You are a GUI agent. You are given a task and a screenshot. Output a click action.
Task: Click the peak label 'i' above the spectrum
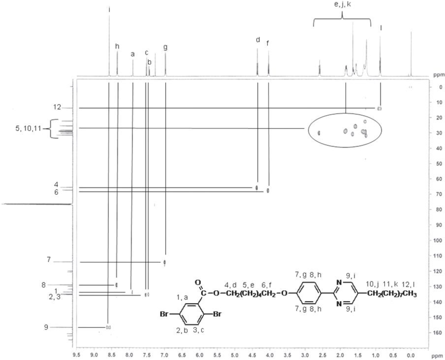point(109,10)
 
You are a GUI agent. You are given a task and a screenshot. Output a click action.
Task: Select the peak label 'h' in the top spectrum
point(117,46)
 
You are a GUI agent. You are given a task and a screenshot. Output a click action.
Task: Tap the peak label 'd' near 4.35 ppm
point(258,40)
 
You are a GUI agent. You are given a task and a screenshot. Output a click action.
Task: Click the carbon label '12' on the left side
point(57,107)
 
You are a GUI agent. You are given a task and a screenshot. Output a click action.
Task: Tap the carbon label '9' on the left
point(46,327)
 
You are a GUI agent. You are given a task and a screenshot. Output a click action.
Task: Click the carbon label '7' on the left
point(49,259)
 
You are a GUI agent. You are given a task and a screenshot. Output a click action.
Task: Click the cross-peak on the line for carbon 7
point(165,262)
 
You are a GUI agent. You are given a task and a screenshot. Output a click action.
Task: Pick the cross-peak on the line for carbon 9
point(108,327)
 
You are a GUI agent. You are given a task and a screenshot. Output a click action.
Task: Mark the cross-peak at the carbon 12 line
point(379,109)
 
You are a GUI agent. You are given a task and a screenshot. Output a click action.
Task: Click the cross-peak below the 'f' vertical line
point(268,191)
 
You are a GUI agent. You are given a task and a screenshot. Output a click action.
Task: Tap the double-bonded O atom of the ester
point(198,282)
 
